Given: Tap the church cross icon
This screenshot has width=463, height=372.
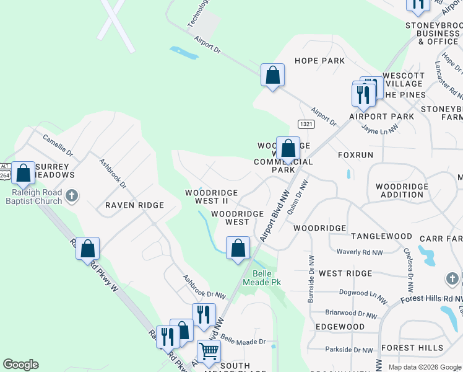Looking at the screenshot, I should [72, 196].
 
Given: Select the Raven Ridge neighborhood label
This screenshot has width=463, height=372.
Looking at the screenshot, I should [134, 205].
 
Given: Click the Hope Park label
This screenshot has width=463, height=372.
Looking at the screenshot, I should [319, 61].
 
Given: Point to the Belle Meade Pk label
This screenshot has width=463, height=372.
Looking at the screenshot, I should [267, 278].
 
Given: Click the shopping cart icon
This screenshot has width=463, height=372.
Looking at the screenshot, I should [209, 352].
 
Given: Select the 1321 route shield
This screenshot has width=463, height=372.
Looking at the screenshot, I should [306, 124].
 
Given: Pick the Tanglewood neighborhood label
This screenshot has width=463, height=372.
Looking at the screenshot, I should [381, 236].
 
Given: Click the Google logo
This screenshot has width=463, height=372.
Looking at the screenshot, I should [20, 365].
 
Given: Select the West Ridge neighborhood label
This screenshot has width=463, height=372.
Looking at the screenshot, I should [345, 273].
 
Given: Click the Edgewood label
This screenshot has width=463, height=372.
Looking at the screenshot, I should [340, 326].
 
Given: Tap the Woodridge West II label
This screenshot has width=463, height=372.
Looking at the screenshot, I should [207, 197].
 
